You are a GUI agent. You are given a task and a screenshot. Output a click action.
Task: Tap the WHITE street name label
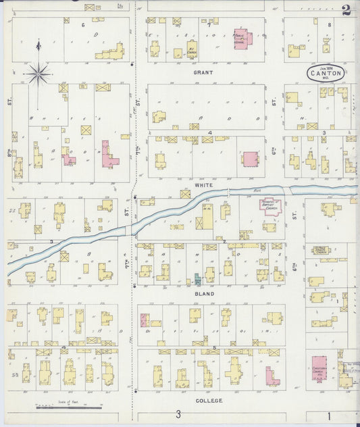(203, 184)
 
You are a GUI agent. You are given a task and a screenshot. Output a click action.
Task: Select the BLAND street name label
(203, 295)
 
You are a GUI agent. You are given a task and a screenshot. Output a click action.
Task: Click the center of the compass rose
(38, 72)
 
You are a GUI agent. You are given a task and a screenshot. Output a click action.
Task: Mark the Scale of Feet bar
(68, 407)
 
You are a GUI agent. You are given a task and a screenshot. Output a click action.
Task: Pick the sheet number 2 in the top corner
(346, 9)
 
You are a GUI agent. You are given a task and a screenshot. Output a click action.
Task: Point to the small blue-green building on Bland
(197, 278)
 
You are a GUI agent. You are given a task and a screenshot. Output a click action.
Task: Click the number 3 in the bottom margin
(178, 414)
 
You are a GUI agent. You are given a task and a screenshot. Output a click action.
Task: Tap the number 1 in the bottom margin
(331, 414)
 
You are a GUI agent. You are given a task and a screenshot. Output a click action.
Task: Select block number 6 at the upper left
(83, 24)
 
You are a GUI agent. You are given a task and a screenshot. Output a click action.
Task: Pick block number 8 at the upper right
(329, 24)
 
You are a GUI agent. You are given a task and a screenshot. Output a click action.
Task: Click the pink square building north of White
(251, 159)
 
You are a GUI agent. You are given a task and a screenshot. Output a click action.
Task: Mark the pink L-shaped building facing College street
(272, 377)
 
